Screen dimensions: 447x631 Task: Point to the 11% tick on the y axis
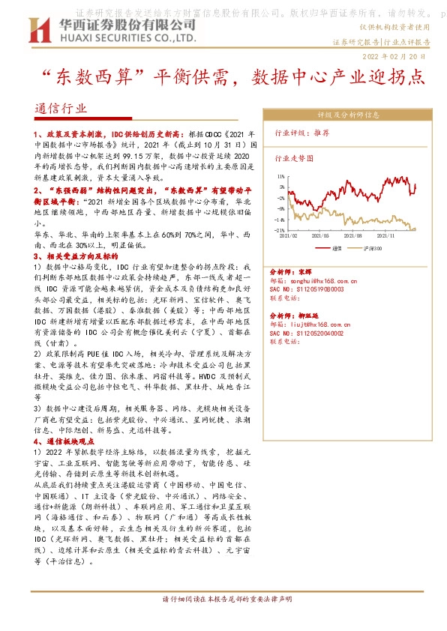pyautogui.click(x=280, y=177)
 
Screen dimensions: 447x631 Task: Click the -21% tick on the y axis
pyautogui.click(x=280, y=230)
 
